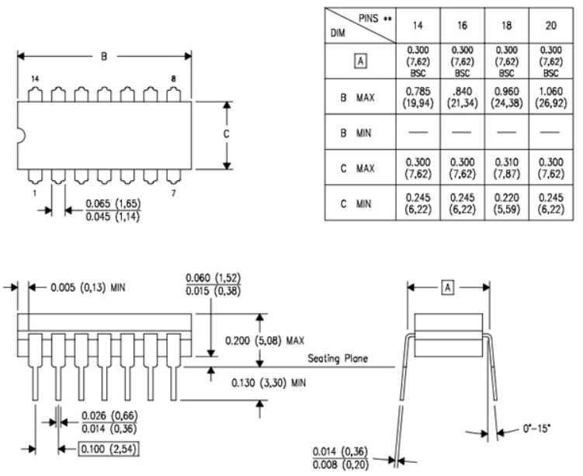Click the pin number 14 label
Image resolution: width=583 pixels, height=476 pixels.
point(35,79)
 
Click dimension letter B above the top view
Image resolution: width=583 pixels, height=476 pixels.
point(105,56)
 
